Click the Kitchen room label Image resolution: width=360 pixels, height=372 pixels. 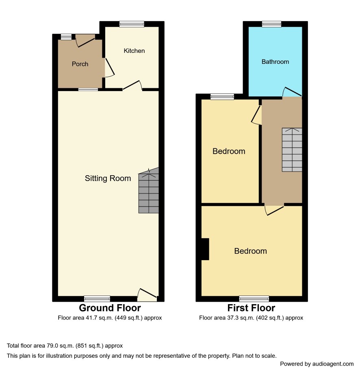[x=134, y=51]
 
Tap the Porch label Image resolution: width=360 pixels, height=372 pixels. [x=80, y=64]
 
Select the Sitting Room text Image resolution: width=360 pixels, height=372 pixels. [x=108, y=178]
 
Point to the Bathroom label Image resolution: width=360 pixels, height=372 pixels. [x=275, y=62]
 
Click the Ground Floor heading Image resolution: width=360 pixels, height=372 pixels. [x=110, y=308]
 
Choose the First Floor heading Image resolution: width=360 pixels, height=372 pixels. [x=251, y=308]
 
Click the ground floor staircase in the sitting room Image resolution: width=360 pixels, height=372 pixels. [x=149, y=191]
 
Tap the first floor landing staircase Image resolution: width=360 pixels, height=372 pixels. [x=292, y=150]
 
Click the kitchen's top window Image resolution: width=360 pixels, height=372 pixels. [x=132, y=24]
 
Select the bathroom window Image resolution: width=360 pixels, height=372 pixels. [x=271, y=24]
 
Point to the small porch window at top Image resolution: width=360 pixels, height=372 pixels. [x=66, y=37]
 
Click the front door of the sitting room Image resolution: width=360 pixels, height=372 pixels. [x=147, y=295]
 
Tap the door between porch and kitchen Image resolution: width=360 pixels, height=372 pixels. [x=109, y=67]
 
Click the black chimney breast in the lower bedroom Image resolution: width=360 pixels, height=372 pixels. [x=205, y=249]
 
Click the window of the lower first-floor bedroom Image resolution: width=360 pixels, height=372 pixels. [x=254, y=298]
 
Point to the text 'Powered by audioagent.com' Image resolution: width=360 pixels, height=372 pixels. [x=317, y=364]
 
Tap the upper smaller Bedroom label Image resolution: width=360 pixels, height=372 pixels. [x=229, y=151]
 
